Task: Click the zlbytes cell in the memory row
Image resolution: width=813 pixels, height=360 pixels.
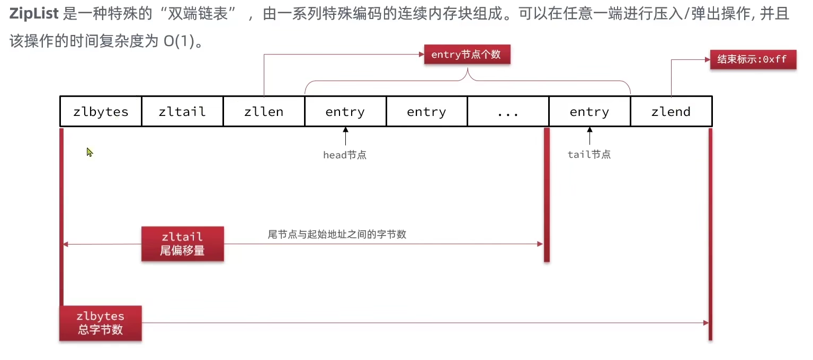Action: (x=101, y=112)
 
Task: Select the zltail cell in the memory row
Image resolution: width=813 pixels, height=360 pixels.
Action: (x=182, y=112)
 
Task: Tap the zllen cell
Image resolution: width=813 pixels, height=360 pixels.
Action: (x=264, y=112)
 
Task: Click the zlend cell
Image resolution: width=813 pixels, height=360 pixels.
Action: (x=671, y=112)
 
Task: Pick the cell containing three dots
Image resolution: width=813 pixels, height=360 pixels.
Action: (x=508, y=112)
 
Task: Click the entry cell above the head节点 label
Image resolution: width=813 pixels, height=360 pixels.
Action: (x=345, y=112)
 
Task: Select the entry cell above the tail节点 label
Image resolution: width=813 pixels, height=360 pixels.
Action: (x=589, y=112)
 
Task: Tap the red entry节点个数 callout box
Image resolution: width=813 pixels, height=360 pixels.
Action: (x=466, y=55)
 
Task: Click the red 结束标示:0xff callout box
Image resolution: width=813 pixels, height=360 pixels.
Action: (x=753, y=59)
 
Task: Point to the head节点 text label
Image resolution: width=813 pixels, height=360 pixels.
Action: (x=345, y=155)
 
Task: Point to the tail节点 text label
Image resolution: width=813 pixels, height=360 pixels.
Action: (x=589, y=155)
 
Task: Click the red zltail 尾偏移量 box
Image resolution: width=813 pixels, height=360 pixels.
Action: (x=182, y=244)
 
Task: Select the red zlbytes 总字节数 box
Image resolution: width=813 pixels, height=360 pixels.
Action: (x=100, y=323)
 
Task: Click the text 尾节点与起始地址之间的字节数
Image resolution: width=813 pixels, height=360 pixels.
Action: (x=337, y=234)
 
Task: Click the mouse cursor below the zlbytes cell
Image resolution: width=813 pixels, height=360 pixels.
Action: (x=90, y=152)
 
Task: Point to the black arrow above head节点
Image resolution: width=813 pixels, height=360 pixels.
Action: (x=345, y=136)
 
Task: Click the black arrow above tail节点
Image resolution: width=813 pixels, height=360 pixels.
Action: (x=589, y=136)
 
